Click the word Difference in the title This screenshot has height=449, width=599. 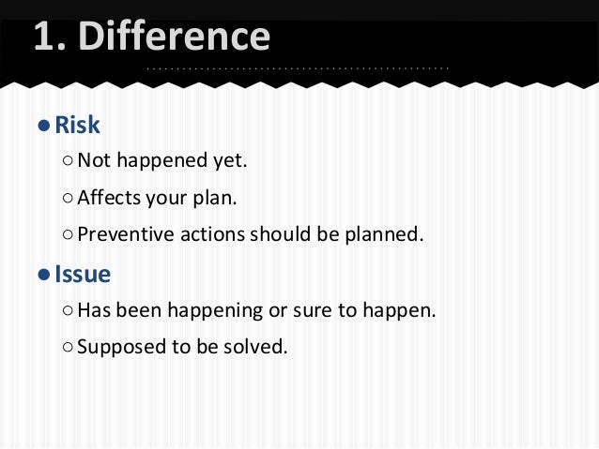coord(177,37)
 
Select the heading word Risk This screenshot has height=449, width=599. coord(77,126)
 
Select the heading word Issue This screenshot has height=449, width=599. coord(83,275)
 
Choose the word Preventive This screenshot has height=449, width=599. coord(120,234)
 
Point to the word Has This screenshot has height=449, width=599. coord(94,310)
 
